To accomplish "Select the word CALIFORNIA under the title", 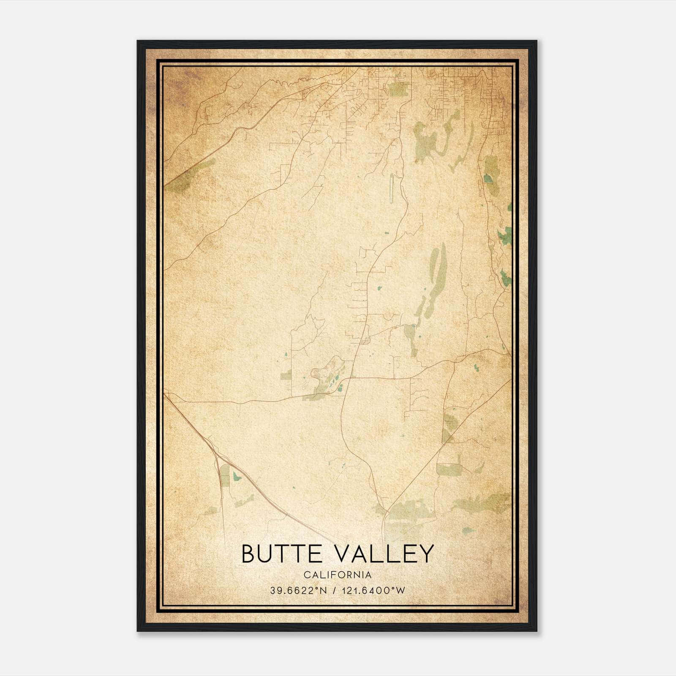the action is pos(338,575).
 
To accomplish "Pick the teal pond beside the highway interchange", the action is pos(237,476).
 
